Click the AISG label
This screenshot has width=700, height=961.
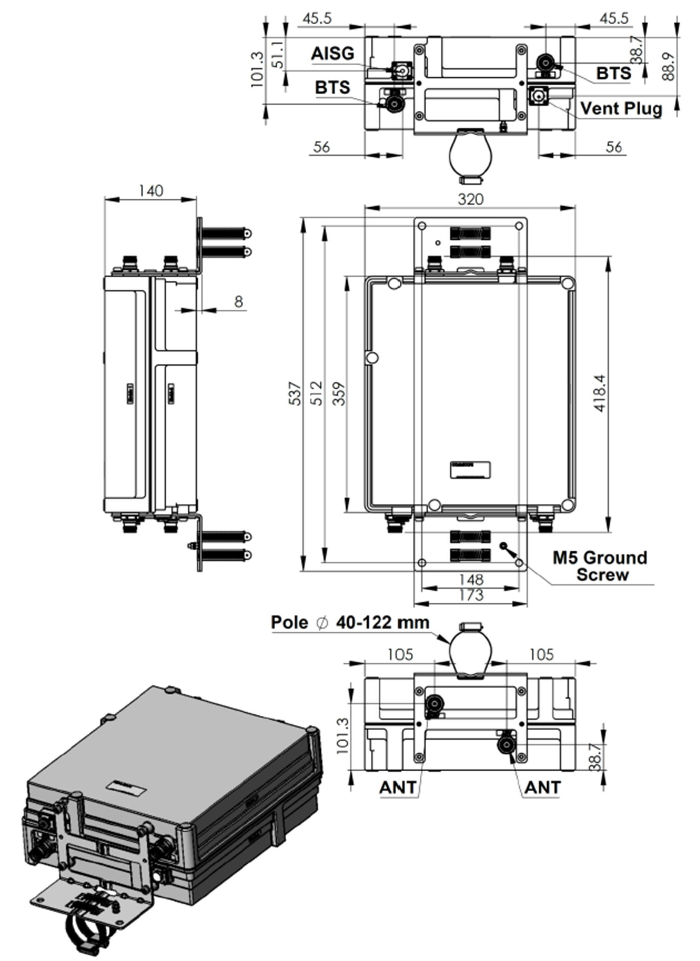tap(333, 53)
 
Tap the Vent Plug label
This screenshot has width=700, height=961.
tap(621, 108)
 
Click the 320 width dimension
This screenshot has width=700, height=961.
tap(471, 199)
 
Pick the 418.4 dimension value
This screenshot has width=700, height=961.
tap(599, 393)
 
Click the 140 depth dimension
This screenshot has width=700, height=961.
tap(151, 190)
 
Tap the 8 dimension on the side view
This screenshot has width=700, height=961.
tap(238, 302)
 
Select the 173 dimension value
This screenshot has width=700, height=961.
tap(471, 595)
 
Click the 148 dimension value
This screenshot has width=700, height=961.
tap(471, 580)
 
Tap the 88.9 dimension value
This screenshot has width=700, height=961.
tap(669, 66)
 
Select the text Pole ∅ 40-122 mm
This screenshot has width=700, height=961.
tap(350, 622)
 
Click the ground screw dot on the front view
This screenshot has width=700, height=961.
tap(503, 546)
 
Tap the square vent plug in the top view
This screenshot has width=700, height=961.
tap(538, 96)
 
